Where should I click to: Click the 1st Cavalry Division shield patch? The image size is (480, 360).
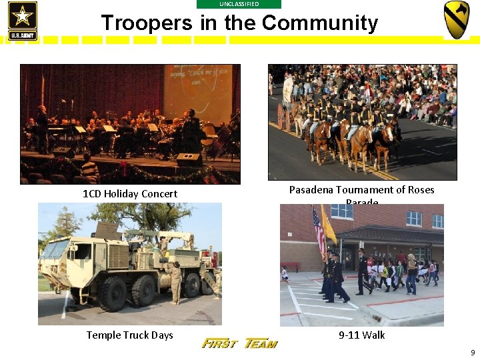(x=457, y=19)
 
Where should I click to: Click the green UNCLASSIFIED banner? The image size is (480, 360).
(x=239, y=4)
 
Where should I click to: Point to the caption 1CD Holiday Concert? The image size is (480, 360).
(x=130, y=194)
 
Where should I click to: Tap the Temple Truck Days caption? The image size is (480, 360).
(x=129, y=335)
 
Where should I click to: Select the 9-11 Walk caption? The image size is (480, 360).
(x=361, y=335)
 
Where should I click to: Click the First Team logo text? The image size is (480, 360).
(x=239, y=343)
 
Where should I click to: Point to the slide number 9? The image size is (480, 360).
(x=473, y=352)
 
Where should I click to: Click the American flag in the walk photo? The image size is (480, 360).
(x=319, y=230)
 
